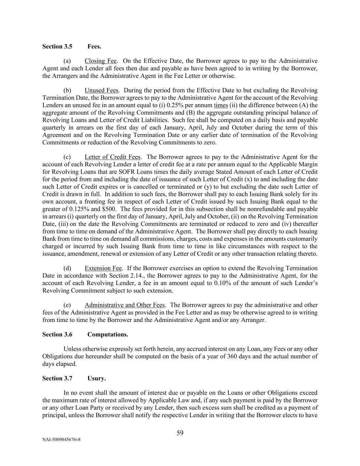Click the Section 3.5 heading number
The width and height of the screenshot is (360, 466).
pos(57,46)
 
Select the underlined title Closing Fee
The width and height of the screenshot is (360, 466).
pos(101,61)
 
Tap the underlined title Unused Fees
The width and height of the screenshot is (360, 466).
pos(101,90)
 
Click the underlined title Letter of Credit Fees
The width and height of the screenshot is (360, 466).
pos(113,157)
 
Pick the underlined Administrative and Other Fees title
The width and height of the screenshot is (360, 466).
pos(125,305)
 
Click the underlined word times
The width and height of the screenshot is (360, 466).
pos(221,105)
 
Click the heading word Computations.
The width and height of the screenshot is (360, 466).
pos(108,335)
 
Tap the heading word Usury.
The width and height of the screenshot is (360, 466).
pos(97,379)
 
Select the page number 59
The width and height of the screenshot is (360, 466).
pos(180,434)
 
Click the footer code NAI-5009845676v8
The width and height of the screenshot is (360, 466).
pos(61,440)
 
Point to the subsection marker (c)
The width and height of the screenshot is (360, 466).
pos(67,157)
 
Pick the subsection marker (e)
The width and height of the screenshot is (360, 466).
pos(67,305)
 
